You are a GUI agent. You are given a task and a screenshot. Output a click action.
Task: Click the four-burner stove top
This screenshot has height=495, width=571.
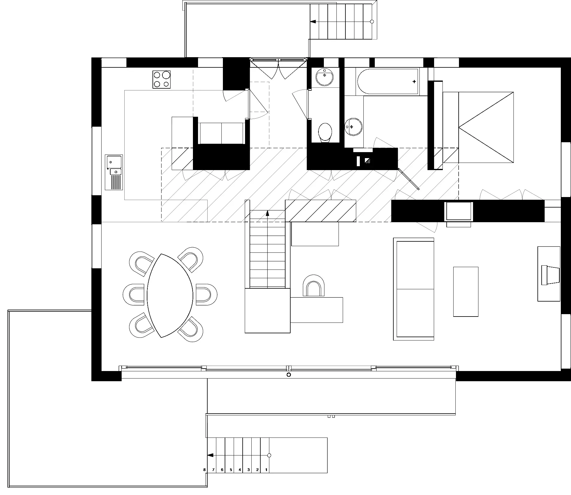(161, 79)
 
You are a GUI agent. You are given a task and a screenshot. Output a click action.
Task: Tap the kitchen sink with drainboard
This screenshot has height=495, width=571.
(114, 172)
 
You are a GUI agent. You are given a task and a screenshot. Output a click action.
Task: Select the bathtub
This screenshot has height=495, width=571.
(387, 81)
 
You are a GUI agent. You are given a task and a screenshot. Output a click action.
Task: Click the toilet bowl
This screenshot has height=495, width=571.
(325, 133)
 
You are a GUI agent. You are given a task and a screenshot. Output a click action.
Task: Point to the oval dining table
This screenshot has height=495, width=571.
(170, 296)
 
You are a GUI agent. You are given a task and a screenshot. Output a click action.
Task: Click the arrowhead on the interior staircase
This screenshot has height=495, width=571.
(268, 213)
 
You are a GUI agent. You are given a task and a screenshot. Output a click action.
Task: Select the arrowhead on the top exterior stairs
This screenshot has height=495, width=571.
(313, 22)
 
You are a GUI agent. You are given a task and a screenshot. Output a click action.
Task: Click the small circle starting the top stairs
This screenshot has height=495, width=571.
(372, 22)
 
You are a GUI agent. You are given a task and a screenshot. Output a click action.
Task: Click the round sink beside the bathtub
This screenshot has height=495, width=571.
(353, 127)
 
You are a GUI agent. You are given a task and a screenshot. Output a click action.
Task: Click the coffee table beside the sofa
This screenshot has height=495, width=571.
(466, 291)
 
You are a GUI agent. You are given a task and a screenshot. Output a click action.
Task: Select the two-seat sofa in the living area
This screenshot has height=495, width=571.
(413, 289)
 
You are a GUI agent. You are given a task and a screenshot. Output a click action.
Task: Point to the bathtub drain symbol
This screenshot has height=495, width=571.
(414, 81)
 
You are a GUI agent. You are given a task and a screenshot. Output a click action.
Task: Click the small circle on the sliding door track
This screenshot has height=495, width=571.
(289, 375)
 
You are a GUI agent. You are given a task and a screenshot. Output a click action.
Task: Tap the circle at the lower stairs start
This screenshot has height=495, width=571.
(269, 464)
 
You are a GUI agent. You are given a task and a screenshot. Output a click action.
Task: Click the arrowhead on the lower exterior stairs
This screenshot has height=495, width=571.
(210, 464)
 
